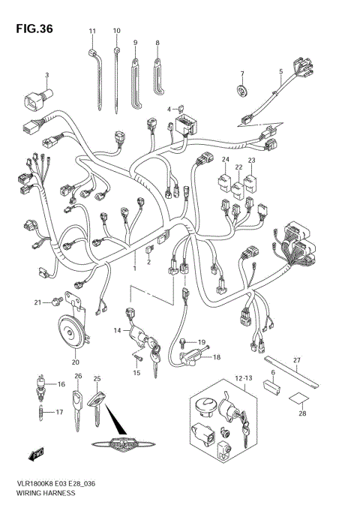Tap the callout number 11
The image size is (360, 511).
tap(93, 31)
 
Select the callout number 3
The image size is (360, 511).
tap(46, 75)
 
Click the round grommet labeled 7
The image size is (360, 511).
tap(242, 91)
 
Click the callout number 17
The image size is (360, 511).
tap(51, 413)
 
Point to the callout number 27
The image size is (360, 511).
tap(296, 362)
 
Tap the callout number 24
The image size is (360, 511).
tap(225, 159)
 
